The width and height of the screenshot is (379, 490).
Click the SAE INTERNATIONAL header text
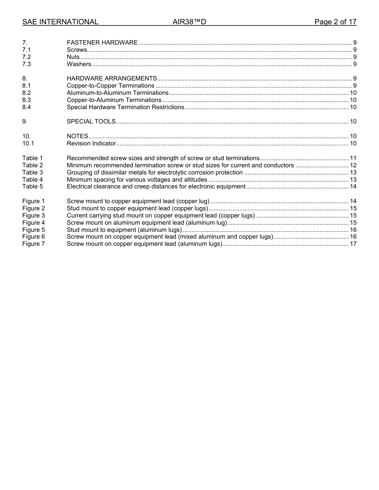click(60, 22)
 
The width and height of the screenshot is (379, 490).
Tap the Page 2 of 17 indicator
click(335, 22)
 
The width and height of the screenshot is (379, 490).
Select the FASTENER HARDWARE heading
click(102, 43)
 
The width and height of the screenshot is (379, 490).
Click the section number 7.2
click(27, 57)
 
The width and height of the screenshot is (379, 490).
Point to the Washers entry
click(79, 64)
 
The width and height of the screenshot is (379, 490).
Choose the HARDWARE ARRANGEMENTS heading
click(112, 78)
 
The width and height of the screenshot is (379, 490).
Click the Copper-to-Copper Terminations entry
click(111, 86)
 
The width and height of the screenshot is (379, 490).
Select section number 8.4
click(27, 107)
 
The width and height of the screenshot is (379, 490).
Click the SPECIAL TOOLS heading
click(91, 122)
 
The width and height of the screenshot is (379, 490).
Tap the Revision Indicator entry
click(91, 143)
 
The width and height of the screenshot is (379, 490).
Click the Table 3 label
click(33, 172)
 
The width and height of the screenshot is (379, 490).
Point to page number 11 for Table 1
click(353, 158)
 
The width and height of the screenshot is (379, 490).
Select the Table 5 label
click(33, 186)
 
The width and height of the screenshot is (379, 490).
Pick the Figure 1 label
click(34, 201)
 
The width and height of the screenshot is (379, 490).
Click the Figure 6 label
click(34, 237)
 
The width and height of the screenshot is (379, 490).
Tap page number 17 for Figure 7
click(353, 244)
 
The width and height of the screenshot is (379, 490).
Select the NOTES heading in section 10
click(77, 136)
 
